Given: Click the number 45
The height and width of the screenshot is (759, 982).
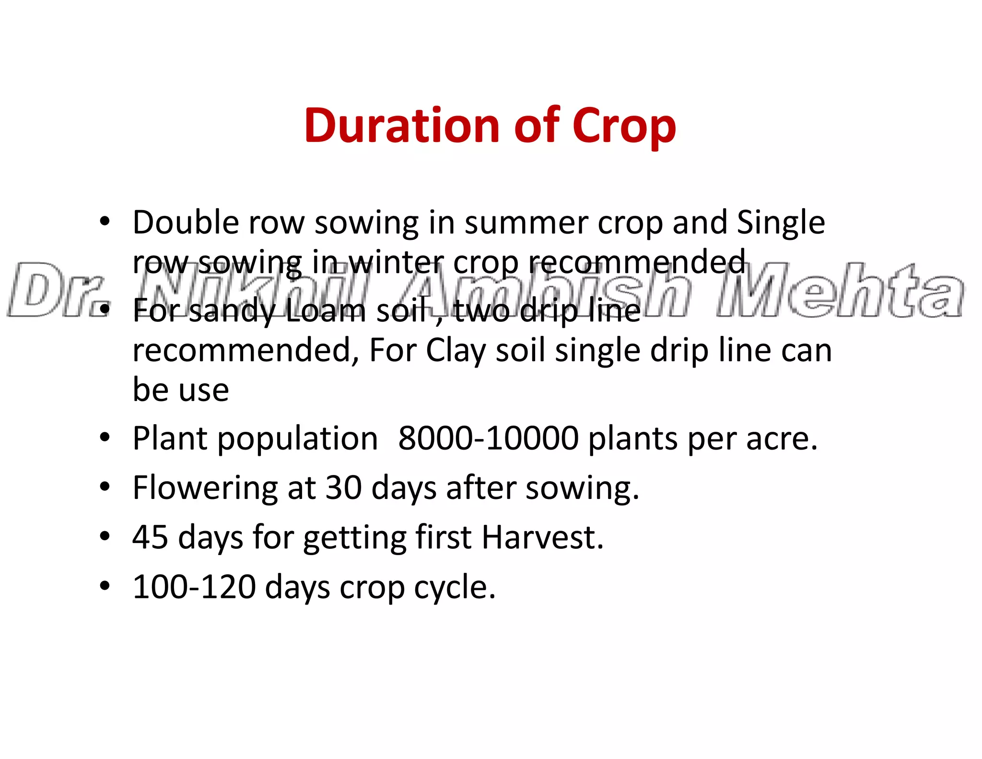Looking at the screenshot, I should [150, 537].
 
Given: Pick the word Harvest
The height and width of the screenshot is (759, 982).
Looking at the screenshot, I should [542, 537].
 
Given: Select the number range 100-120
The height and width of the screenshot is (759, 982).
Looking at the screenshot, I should [194, 587].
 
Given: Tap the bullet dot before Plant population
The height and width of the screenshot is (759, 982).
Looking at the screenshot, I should [105, 438].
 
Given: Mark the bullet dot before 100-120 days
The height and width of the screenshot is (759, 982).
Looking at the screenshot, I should [105, 586].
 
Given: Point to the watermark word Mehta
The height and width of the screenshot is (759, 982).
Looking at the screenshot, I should [839, 290].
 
